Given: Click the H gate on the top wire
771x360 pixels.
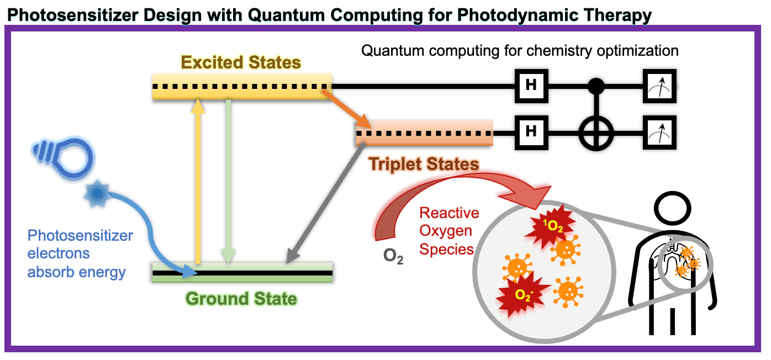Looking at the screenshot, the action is [x=531, y=86].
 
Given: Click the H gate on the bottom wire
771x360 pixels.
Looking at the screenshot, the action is [x=531, y=133].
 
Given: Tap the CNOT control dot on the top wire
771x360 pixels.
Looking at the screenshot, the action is [x=596, y=86].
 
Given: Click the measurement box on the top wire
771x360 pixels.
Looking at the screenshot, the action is [x=659, y=86].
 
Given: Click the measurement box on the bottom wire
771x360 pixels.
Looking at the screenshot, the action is [x=659, y=133].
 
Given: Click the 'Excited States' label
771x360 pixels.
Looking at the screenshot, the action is [x=241, y=62].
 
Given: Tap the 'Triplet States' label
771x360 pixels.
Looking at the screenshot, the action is [x=424, y=164].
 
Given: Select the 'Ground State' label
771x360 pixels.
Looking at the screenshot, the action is [x=241, y=298].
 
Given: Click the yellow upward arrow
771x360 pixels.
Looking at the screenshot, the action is [x=198, y=181].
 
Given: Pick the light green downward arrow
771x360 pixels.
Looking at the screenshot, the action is [x=228, y=181].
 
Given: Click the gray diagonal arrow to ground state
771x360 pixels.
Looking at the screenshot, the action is [x=325, y=204].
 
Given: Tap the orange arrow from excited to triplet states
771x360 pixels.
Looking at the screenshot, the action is [x=346, y=108].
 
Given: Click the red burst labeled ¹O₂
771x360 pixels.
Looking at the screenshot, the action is [x=550, y=225].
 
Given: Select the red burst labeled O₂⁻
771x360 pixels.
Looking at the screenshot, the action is [x=522, y=294].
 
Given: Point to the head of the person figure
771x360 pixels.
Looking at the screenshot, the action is [x=672, y=209].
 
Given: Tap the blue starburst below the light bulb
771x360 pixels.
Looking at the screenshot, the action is [x=97, y=194].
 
